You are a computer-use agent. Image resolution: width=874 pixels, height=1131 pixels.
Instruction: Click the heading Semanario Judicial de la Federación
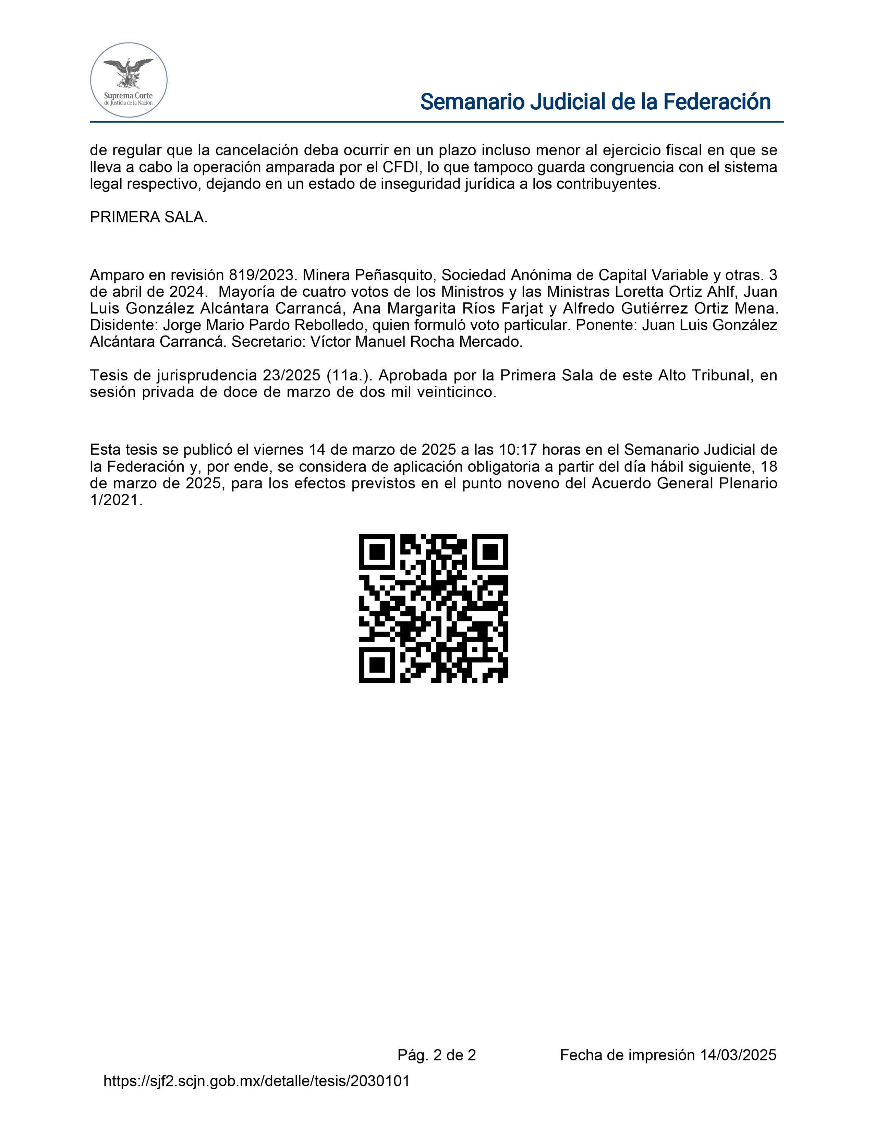(x=595, y=102)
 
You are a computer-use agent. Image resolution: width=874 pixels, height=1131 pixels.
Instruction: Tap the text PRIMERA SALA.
(x=149, y=218)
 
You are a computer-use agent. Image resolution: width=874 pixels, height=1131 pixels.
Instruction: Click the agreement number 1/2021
(x=116, y=500)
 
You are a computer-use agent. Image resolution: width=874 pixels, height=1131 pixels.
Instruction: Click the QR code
(x=433, y=608)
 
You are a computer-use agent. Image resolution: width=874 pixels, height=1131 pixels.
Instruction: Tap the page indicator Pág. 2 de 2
(x=436, y=1055)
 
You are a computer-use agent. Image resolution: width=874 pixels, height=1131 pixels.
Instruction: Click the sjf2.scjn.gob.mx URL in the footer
(x=256, y=1081)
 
